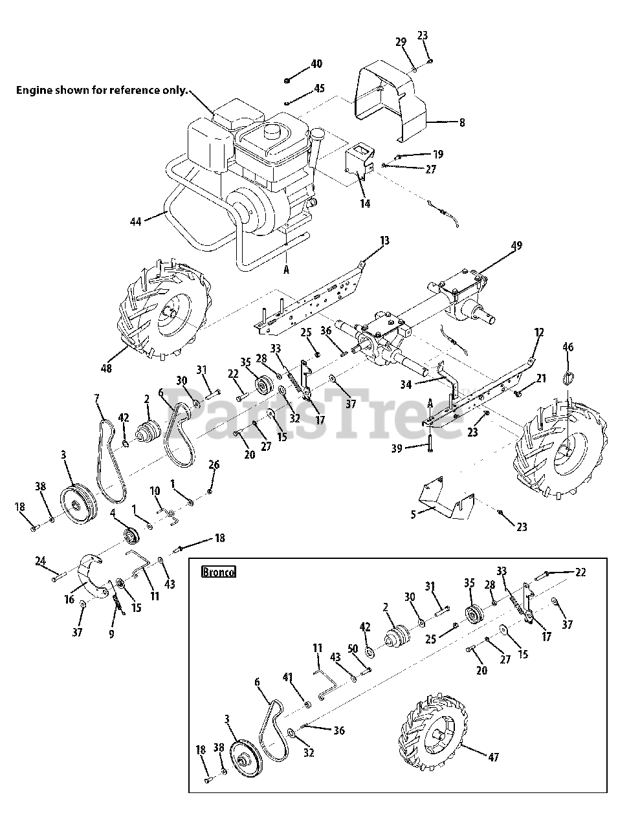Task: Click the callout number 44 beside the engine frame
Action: tap(136, 221)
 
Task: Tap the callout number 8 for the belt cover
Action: tap(462, 123)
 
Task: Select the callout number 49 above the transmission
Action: tap(516, 246)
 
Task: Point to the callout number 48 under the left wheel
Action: tap(106, 368)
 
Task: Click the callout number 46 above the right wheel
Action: tap(568, 347)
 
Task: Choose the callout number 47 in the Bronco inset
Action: tap(493, 757)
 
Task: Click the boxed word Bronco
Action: tap(219, 572)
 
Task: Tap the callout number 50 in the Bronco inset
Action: tap(353, 648)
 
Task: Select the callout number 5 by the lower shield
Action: tap(414, 514)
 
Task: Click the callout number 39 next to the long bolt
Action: tap(397, 448)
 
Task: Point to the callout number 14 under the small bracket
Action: tap(365, 204)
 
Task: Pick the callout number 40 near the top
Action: tap(316, 63)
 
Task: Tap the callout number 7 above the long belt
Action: tap(97, 399)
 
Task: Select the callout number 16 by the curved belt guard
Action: tap(69, 600)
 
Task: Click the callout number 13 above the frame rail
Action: tap(385, 241)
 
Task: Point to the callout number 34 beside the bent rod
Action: tap(406, 385)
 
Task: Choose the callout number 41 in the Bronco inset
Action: tap(287, 677)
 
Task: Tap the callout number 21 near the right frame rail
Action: tap(540, 378)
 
